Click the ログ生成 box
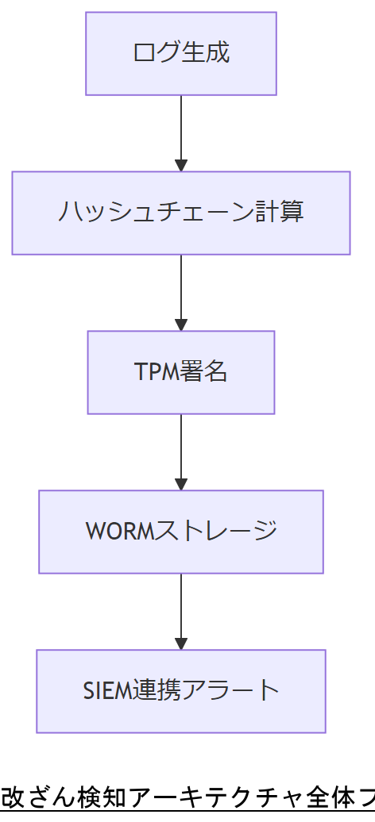[181, 53]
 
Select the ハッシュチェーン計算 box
[181, 213]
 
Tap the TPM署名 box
[181, 372]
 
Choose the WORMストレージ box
[181, 532]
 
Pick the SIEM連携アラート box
[181, 691]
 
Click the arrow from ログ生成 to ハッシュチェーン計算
[181, 132]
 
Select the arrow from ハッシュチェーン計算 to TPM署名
[181, 291]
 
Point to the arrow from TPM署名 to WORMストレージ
[181, 451]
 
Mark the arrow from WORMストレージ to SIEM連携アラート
[181, 610]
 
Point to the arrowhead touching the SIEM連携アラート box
[181, 643]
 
